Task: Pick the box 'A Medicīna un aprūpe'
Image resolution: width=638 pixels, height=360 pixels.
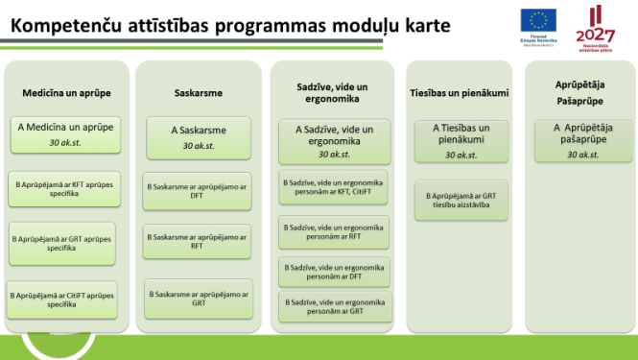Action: (x=66, y=133)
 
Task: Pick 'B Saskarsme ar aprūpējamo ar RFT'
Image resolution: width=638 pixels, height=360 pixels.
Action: (x=197, y=241)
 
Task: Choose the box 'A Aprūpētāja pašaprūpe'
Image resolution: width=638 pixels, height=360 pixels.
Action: (x=582, y=138)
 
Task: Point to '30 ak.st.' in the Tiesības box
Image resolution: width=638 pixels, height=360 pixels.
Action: (x=461, y=155)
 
